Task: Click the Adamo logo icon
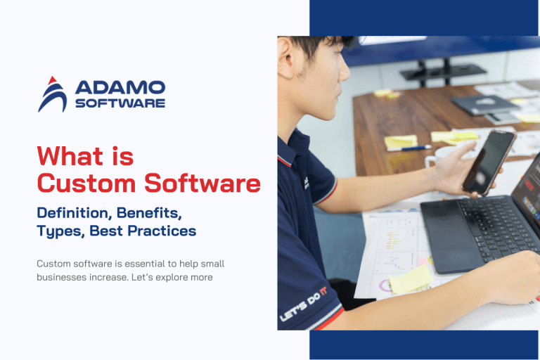pos(52,94)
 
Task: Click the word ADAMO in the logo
pos(120,88)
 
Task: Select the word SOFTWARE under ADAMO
pos(120,103)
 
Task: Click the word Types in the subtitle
pos(58,230)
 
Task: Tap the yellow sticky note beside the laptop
pos(410,278)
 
